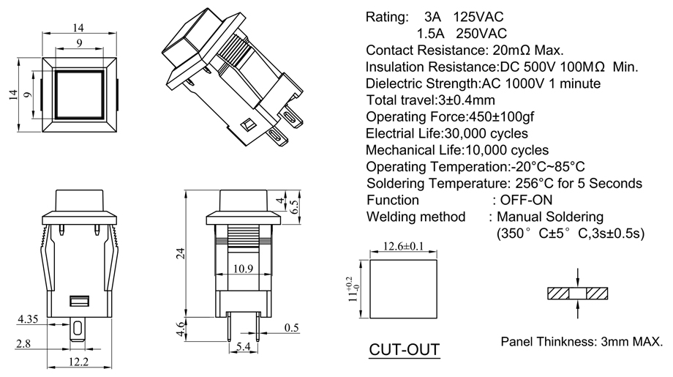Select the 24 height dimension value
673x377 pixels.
(178, 253)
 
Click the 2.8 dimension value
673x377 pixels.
(23, 343)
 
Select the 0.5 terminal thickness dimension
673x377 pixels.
(291, 327)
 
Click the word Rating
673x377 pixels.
(386, 17)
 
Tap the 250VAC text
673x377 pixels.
(481, 34)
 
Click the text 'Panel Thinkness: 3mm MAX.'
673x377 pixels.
(582, 342)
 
